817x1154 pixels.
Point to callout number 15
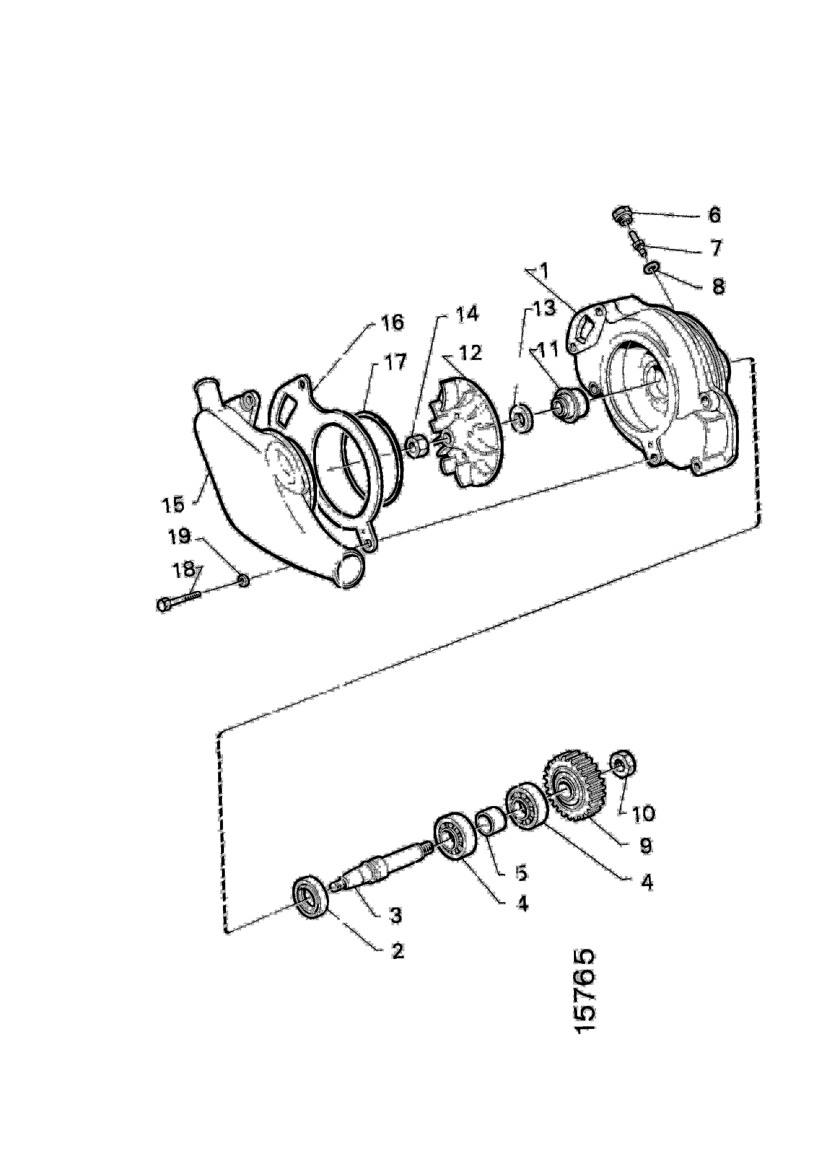point(173,504)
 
